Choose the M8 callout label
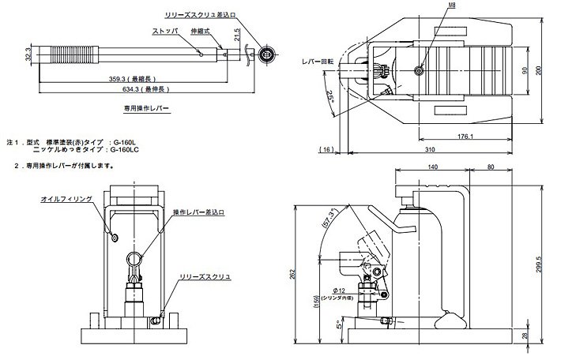pyautogui.click(x=430, y=6)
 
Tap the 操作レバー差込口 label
pyautogui.click(x=199, y=212)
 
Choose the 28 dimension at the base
pyautogui.click(x=547, y=335)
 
